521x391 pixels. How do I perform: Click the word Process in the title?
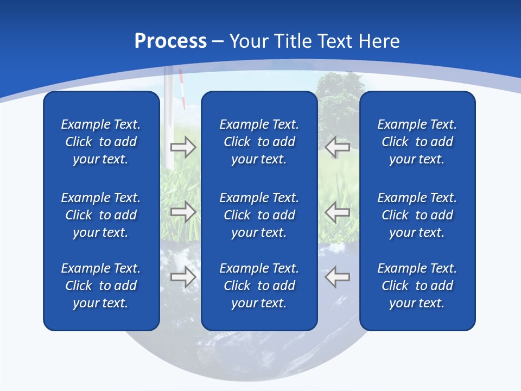click(x=170, y=41)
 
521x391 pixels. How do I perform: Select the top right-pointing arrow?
click(x=183, y=147)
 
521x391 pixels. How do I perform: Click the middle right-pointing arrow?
click(x=183, y=212)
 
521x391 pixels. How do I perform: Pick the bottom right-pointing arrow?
click(x=183, y=277)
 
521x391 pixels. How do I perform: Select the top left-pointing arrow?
click(x=337, y=147)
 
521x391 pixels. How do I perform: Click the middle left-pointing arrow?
click(x=337, y=212)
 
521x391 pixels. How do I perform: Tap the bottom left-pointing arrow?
click(x=337, y=277)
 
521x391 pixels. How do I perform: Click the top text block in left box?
click(x=101, y=142)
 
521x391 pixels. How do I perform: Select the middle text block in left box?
click(x=101, y=215)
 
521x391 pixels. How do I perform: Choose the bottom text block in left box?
click(x=101, y=286)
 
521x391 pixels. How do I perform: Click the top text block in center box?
click(x=259, y=142)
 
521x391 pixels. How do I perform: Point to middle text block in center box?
click(x=259, y=215)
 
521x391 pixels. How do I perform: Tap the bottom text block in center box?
click(x=259, y=286)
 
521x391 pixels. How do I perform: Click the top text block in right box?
click(x=417, y=142)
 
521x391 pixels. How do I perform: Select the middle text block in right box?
click(x=417, y=215)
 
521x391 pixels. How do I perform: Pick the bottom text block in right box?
click(x=417, y=286)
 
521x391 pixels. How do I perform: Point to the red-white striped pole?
click(x=183, y=90)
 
